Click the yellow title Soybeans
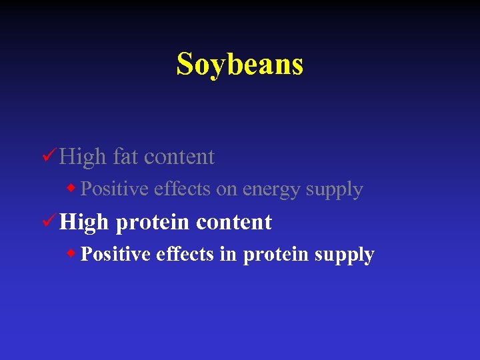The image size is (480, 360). [x=240, y=65]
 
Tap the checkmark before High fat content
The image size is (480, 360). [x=47, y=156]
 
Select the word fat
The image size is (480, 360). [x=125, y=157]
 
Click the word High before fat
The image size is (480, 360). [x=83, y=157]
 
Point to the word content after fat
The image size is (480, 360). [x=179, y=157]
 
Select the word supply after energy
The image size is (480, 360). [x=334, y=190]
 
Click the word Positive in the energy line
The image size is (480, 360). [x=115, y=189]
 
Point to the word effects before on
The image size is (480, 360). [x=182, y=189]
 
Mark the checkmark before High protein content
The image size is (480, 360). [x=47, y=221]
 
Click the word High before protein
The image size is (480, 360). [x=84, y=222]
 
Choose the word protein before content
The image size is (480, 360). [x=153, y=223]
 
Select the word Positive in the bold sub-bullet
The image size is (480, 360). [x=115, y=255]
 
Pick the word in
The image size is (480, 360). [x=227, y=255]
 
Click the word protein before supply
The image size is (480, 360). [x=271, y=255]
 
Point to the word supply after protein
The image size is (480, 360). [x=345, y=255]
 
